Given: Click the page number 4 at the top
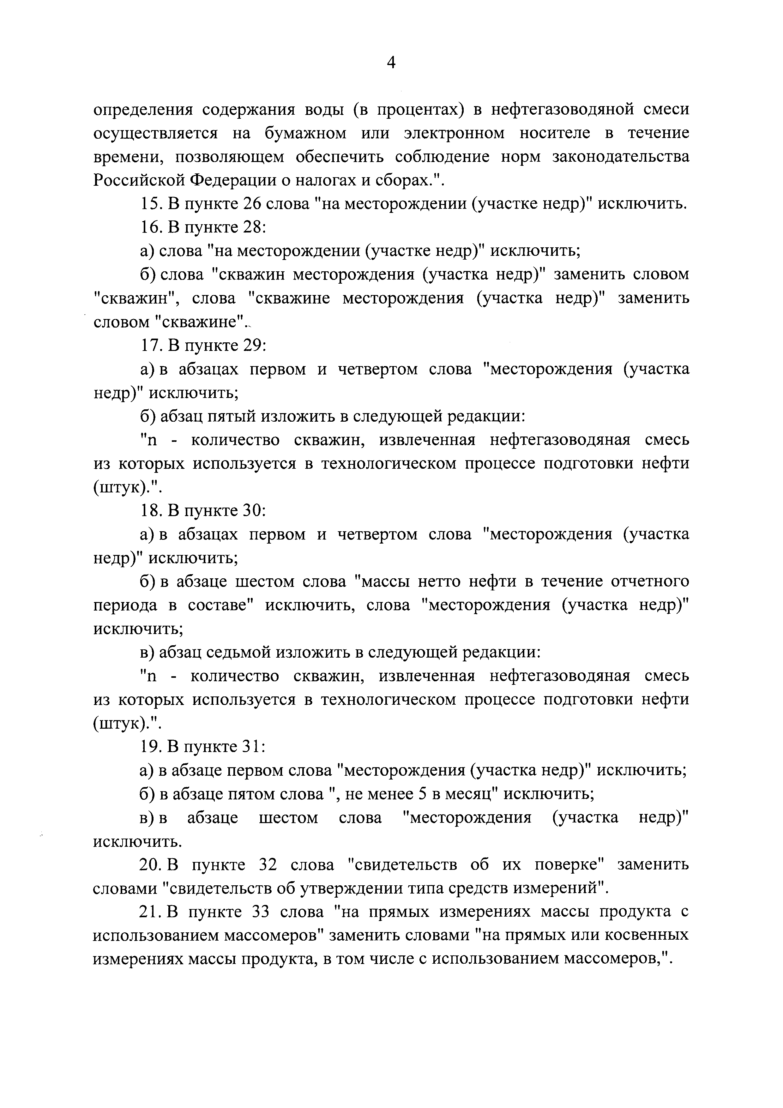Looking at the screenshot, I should pyautogui.click(x=391, y=63).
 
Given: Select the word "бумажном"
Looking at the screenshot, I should pyautogui.click(x=305, y=134).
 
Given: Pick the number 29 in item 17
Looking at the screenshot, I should pyautogui.click(x=252, y=346).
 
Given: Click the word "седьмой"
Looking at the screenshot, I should pyautogui.click(x=239, y=653).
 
